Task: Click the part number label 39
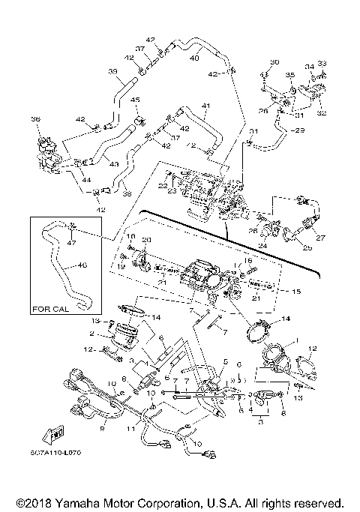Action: coord(113,72)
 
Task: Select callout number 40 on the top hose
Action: coord(195,57)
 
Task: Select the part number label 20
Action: coord(146,239)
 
